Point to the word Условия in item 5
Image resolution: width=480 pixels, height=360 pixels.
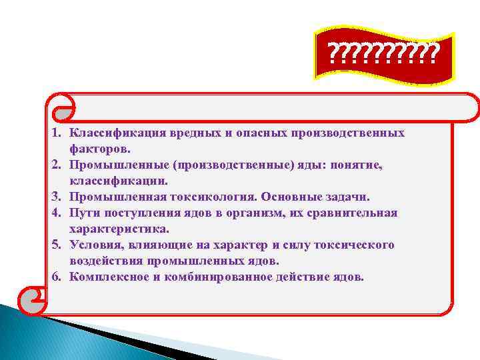point(93,245)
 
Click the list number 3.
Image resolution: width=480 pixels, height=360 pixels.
point(58,197)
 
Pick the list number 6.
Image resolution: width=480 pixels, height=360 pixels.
point(58,277)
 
